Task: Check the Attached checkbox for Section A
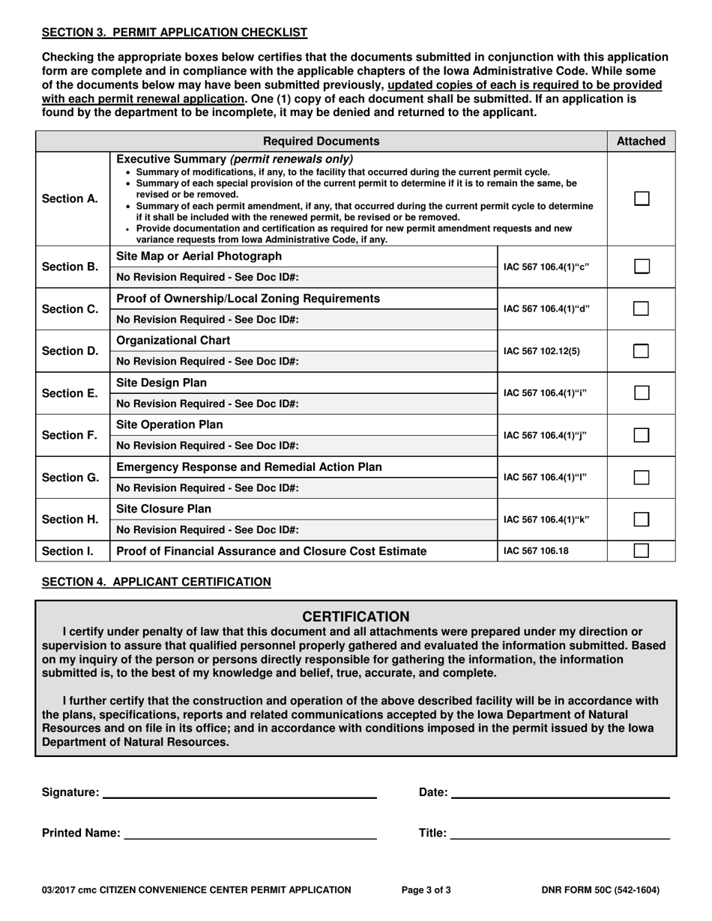click(x=641, y=199)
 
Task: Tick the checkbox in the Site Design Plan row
click(x=641, y=393)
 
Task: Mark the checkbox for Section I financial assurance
click(x=641, y=551)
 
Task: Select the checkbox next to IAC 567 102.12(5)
click(x=641, y=351)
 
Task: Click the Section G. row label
click(x=70, y=477)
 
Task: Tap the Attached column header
click(x=641, y=141)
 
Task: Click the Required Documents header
click(x=322, y=141)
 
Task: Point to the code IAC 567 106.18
click(x=536, y=551)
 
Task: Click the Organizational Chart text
click(x=174, y=341)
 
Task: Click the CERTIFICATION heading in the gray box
click(x=356, y=617)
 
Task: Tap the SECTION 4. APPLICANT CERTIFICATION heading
click(x=157, y=581)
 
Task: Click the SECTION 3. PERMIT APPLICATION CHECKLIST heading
click(x=174, y=32)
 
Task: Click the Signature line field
click(x=239, y=792)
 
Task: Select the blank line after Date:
click(x=560, y=792)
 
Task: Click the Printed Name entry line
click(x=250, y=833)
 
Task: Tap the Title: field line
click(x=560, y=833)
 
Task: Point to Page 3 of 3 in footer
click(x=426, y=890)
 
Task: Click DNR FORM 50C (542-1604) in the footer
click(x=600, y=890)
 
